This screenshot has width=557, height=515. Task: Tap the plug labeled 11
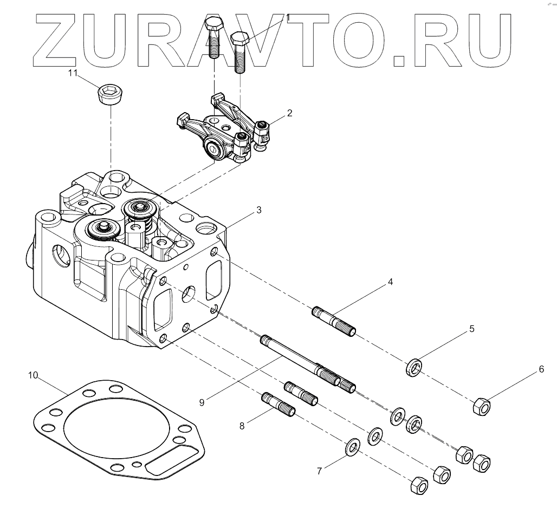tap(110, 96)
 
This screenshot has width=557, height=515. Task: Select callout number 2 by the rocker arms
tap(289, 113)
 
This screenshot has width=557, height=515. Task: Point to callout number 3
tap(259, 210)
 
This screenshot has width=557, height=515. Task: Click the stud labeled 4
tap(334, 321)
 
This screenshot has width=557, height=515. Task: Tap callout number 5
tap(471, 329)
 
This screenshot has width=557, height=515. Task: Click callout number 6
tap(540, 370)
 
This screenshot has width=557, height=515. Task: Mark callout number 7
tap(320, 471)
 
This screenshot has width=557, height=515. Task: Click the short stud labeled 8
tap(279, 404)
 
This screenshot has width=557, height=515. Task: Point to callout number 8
tap(242, 426)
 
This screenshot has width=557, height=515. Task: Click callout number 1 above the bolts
tap(288, 18)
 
